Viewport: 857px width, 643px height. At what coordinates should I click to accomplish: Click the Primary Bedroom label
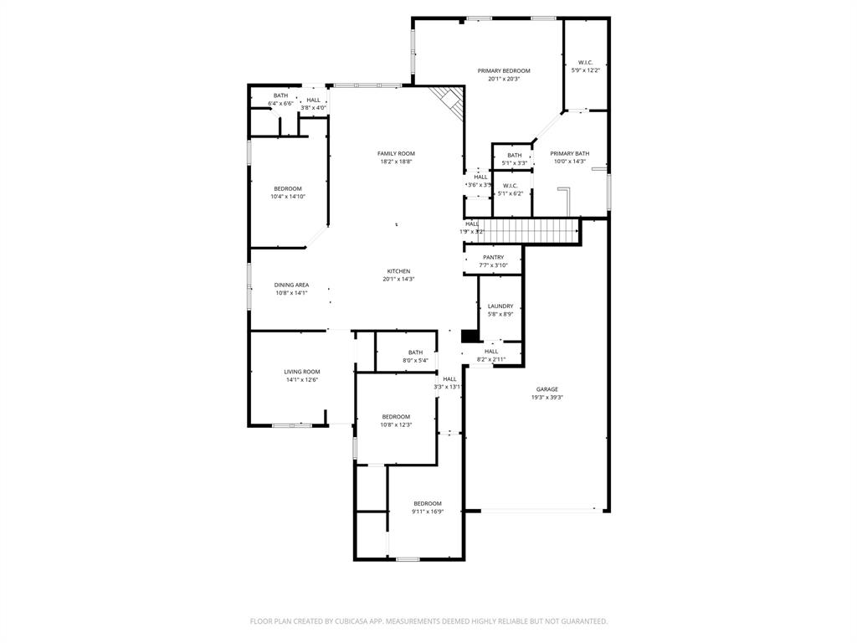[x=504, y=71]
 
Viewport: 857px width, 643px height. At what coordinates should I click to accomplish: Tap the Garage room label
[x=547, y=389]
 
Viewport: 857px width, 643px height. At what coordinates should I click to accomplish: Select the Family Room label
[x=396, y=153]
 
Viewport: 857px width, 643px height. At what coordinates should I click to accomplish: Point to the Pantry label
[x=493, y=257]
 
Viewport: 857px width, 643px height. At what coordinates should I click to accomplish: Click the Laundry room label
[x=500, y=306]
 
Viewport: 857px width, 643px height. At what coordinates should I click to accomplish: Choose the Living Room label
[x=301, y=372]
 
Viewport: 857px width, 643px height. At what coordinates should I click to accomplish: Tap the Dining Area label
[x=291, y=285]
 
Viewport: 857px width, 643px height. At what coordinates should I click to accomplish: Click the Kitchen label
[x=398, y=270]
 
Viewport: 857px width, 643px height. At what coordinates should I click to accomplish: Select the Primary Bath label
[x=569, y=153]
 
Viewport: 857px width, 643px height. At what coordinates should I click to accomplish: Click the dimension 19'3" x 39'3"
[x=547, y=398]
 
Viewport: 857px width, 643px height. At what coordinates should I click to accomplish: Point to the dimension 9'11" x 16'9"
[x=428, y=512]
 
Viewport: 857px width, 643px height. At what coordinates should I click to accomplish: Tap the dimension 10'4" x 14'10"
[x=287, y=197]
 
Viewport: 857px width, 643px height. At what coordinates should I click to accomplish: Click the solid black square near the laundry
[x=470, y=336]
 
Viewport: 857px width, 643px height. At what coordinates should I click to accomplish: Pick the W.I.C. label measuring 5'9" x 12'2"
[x=585, y=63]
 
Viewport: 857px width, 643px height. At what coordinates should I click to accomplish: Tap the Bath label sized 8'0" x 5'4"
[x=415, y=352]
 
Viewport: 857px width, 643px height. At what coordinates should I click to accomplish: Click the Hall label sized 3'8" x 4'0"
[x=313, y=100]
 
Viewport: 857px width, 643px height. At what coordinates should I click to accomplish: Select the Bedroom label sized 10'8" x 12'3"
[x=396, y=417]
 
